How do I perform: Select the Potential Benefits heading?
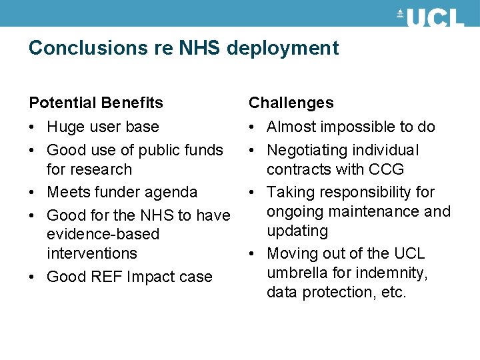click(x=96, y=103)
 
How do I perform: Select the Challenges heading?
click(x=291, y=103)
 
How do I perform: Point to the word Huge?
click(x=64, y=127)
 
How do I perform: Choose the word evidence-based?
click(x=103, y=235)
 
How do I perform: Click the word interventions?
click(x=92, y=253)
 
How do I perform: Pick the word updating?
click(x=297, y=231)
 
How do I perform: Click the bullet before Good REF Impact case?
click(x=33, y=277)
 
